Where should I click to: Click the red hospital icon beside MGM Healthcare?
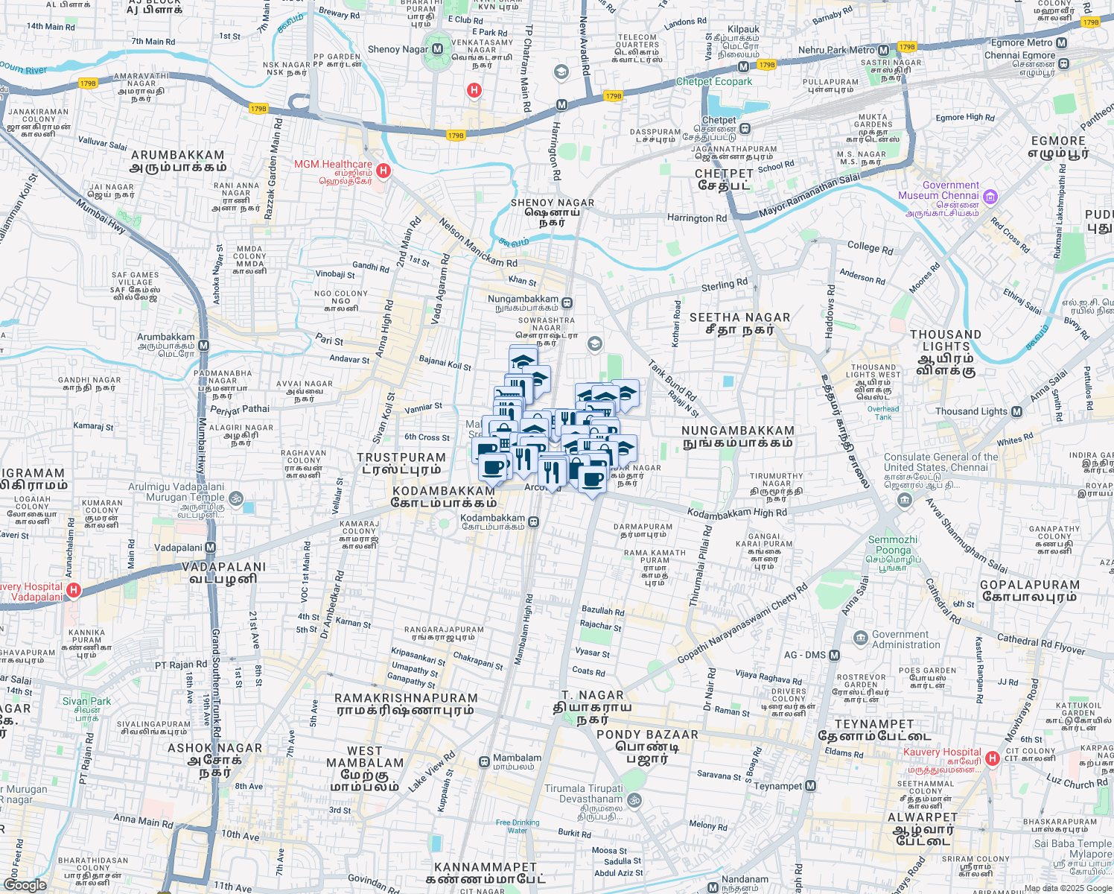[x=383, y=171]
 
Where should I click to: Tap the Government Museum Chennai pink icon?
[x=990, y=197]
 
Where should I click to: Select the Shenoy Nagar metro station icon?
[x=437, y=49]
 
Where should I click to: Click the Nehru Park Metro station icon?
[x=883, y=51]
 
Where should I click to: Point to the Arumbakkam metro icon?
[x=203, y=346]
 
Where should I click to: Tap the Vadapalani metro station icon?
[x=210, y=548]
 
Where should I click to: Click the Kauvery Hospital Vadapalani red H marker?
[x=73, y=591]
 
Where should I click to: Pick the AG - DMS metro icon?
[x=834, y=656]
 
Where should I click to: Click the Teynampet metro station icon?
[x=811, y=786]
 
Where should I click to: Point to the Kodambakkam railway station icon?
[x=533, y=522]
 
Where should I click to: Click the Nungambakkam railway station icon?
[x=567, y=303]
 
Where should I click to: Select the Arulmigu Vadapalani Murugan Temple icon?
[x=236, y=498]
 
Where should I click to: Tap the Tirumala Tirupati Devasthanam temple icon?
[x=634, y=800]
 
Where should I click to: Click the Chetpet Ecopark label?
[x=714, y=81]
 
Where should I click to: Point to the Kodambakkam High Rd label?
[x=736, y=513]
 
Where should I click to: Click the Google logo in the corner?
[x=25, y=885]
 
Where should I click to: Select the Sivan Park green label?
[x=86, y=701]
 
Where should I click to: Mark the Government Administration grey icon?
[x=859, y=638]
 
